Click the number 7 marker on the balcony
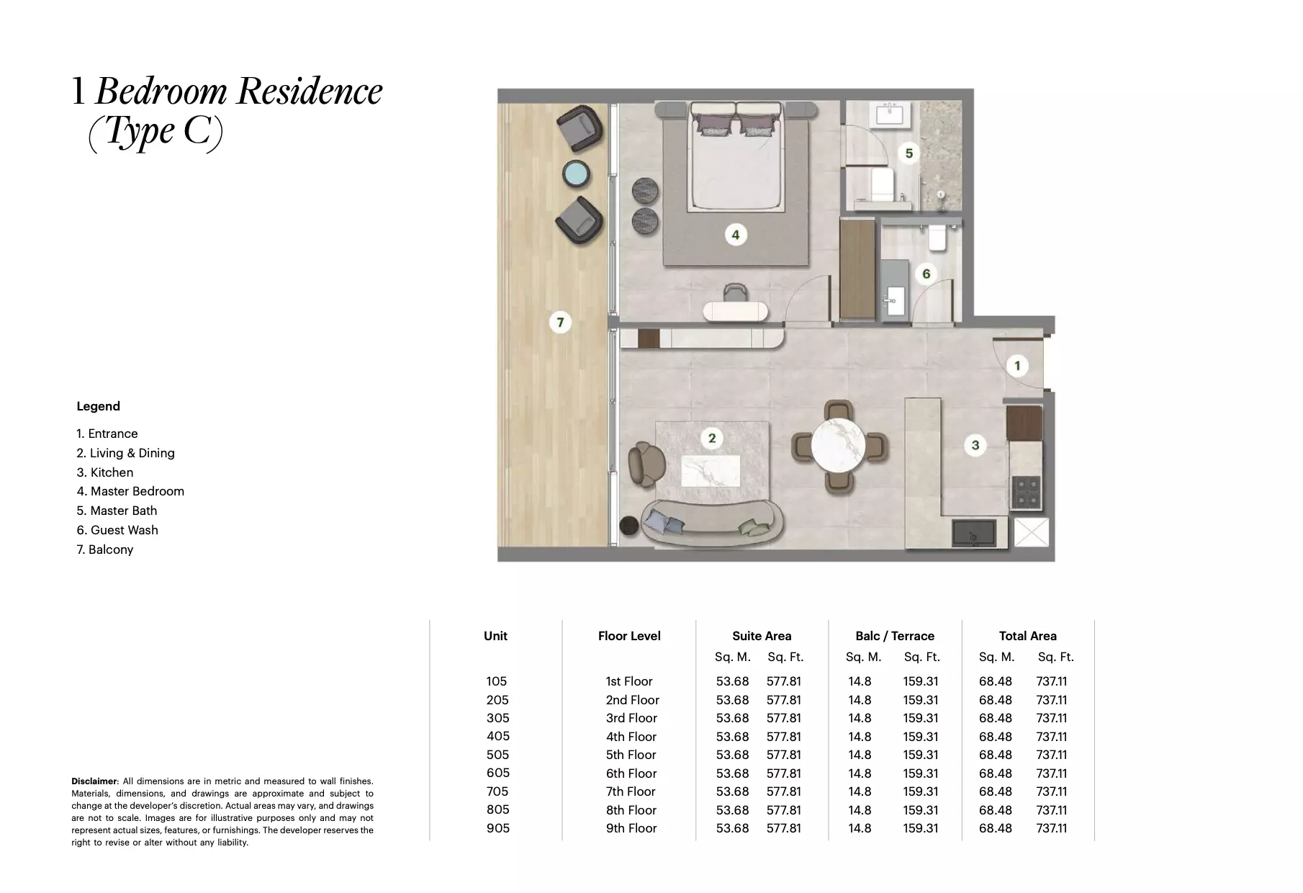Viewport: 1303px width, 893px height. (560, 322)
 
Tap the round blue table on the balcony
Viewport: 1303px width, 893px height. (576, 174)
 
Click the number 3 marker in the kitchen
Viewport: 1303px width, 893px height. (975, 445)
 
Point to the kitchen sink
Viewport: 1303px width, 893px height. (974, 534)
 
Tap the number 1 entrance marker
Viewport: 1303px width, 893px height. (1016, 366)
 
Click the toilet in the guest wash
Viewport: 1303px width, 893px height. (937, 238)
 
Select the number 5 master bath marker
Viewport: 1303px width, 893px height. (909, 153)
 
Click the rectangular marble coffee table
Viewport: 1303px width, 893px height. (711, 471)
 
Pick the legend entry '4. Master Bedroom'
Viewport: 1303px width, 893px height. (130, 491)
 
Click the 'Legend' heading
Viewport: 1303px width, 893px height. (98, 406)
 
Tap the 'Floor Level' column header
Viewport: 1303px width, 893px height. (628, 636)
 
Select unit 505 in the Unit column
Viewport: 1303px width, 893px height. (497, 755)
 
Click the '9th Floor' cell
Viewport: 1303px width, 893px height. (631, 828)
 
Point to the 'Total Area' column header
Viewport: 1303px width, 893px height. (1027, 636)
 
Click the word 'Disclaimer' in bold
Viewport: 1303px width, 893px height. (94, 781)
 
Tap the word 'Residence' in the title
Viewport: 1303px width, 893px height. (310, 91)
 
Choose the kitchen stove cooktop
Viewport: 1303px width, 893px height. (1027, 491)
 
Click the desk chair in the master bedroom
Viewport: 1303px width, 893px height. (735, 292)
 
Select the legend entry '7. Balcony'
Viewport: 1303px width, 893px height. (105, 549)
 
